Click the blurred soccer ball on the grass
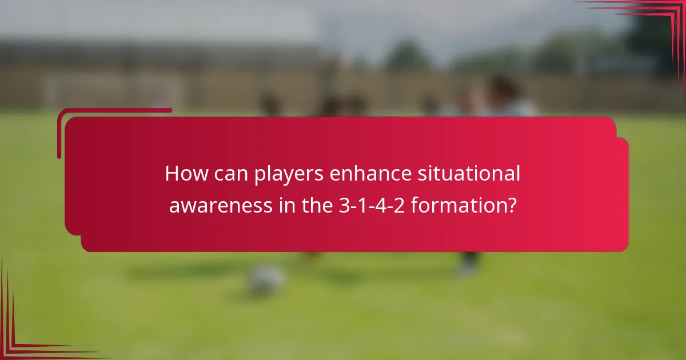[x=265, y=280]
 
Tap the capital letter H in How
[x=171, y=174]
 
